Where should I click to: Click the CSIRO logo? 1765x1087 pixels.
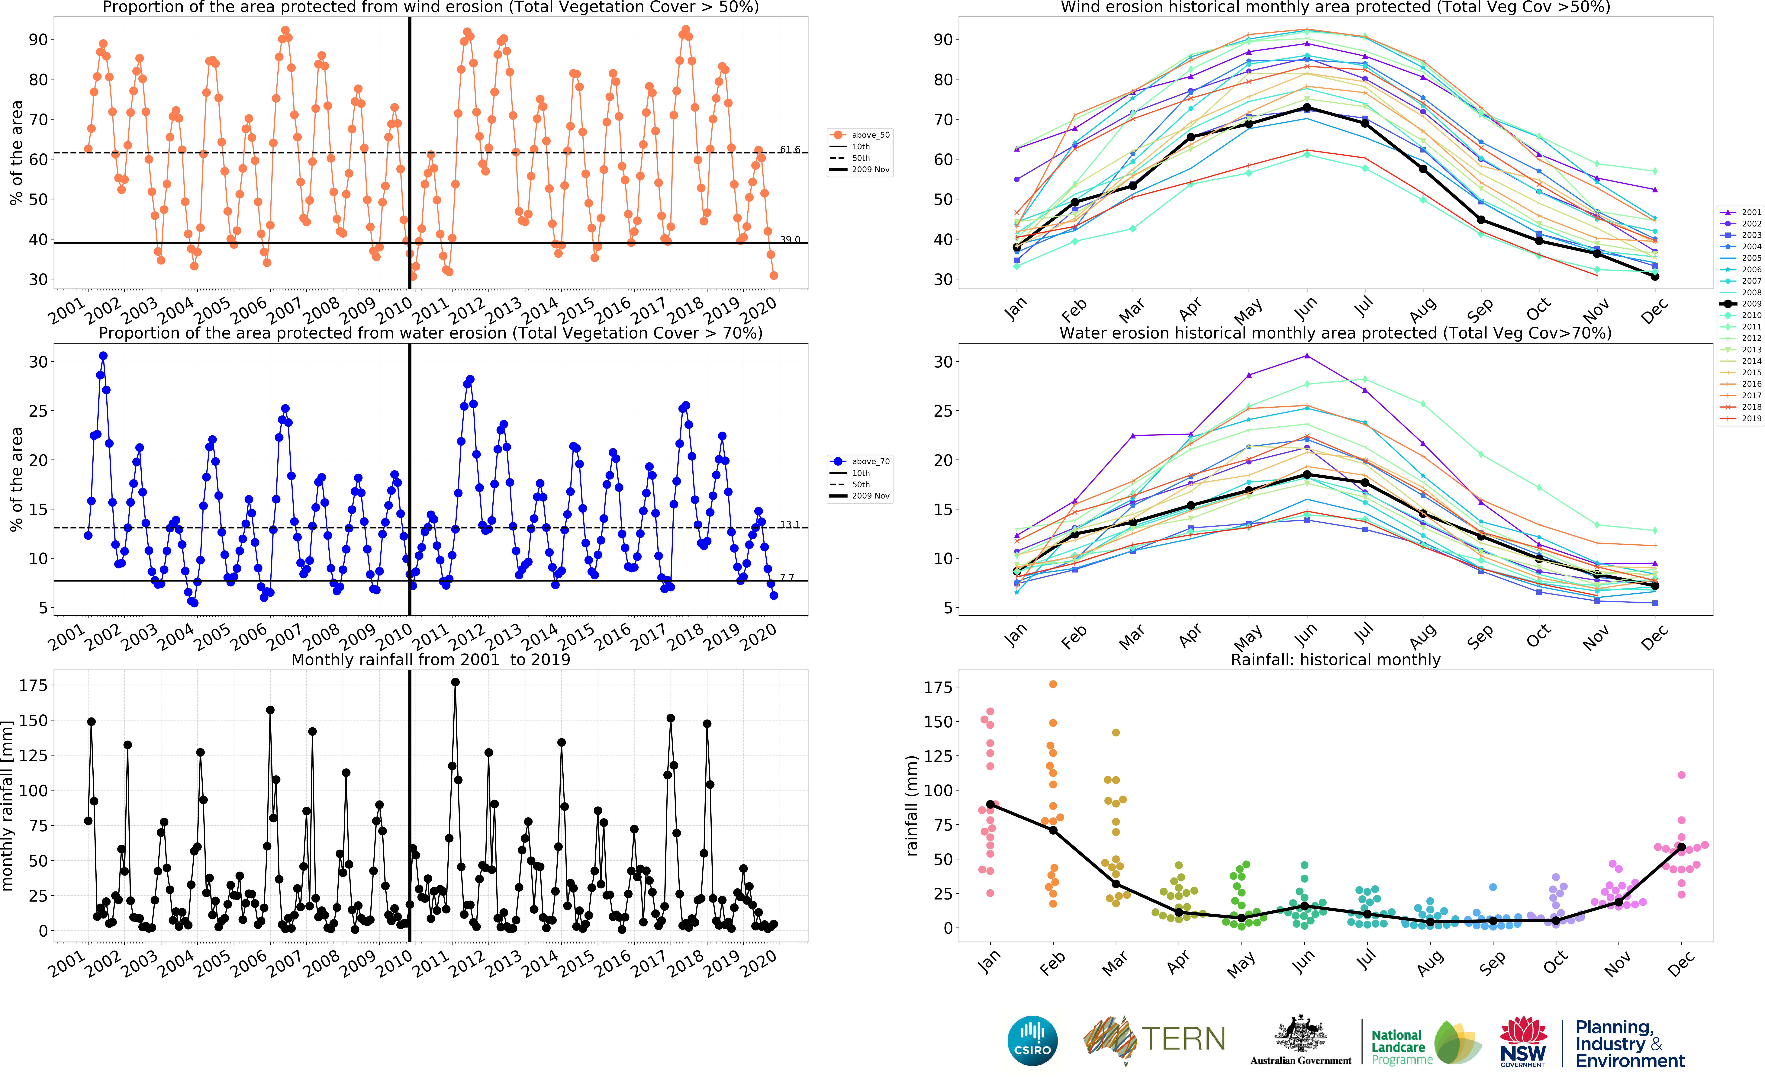1032,1041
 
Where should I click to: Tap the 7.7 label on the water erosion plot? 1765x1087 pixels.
787,577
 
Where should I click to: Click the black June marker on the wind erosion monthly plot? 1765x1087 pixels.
1306,108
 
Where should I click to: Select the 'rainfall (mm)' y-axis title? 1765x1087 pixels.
912,805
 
